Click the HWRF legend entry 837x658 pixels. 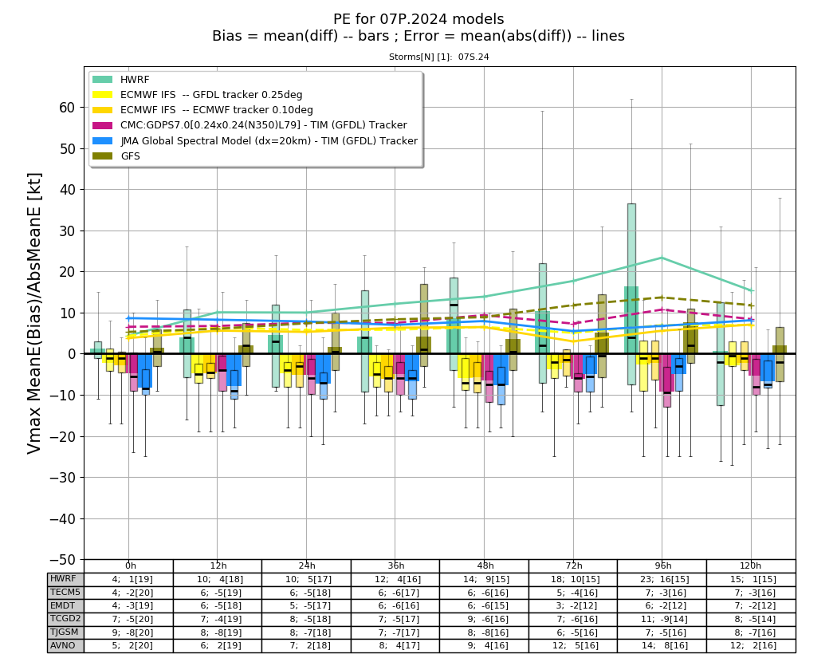click(x=121, y=80)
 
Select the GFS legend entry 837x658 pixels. click(x=116, y=156)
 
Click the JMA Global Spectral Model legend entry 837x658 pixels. click(x=255, y=141)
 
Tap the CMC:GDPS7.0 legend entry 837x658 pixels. click(x=250, y=125)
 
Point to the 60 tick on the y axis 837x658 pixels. click(x=67, y=108)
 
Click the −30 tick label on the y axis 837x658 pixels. click(x=62, y=478)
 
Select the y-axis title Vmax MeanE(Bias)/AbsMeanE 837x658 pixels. click(x=34, y=313)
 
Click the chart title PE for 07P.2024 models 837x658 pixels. click(x=418, y=19)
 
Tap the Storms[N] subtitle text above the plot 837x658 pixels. click(x=438, y=57)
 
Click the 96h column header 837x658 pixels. click(x=662, y=565)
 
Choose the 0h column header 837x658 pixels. click(x=130, y=565)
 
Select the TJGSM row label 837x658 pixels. click(x=65, y=632)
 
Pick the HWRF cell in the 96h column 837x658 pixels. click(x=662, y=579)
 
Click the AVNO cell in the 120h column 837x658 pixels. click(x=752, y=646)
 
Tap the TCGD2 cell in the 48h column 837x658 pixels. click(x=485, y=619)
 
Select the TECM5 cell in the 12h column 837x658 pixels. click(x=218, y=593)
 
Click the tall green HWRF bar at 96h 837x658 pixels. click(x=631, y=294)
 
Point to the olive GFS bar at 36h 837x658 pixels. click(x=424, y=325)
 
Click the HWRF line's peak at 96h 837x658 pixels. click(x=662, y=258)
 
